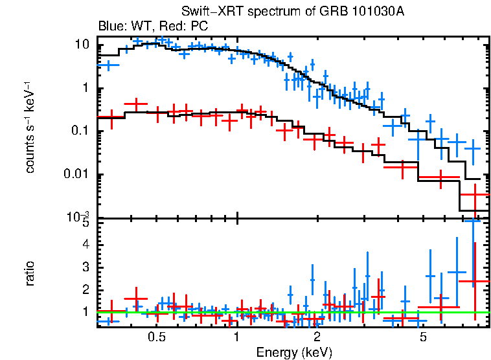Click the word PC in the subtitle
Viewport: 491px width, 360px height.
[x=198, y=27]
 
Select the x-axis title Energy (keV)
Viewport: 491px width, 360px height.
[x=294, y=352]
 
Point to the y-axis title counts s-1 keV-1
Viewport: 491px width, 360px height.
[x=30, y=127]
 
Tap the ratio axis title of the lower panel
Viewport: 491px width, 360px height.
[x=30, y=273]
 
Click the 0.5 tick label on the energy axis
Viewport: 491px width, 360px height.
[x=156, y=337]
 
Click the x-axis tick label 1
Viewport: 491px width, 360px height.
[x=237, y=337]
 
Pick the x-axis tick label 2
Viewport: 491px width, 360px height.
[x=317, y=337]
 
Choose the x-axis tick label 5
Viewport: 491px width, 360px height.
[x=422, y=337]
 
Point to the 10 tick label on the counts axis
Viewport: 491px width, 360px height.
[x=82, y=45]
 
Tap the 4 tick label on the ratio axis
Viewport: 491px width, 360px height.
[x=84, y=245]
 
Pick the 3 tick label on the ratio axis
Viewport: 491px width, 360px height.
[x=84, y=267]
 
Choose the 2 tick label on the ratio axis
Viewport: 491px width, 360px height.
[x=84, y=289]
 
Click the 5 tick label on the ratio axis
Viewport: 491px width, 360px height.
[x=84, y=223]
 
